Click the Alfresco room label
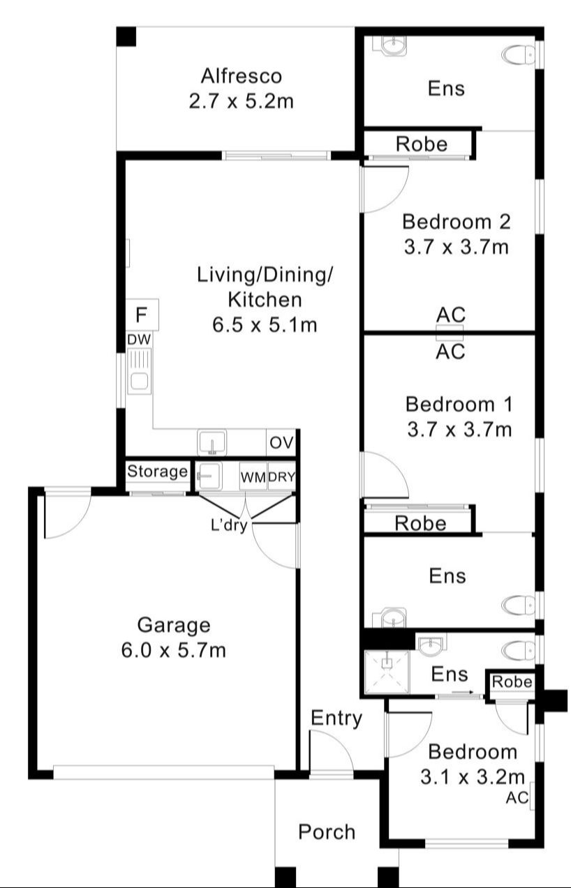click(x=241, y=75)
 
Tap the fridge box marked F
click(x=142, y=315)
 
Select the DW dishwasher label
click(x=138, y=339)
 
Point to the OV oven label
click(x=282, y=443)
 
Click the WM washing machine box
click(x=253, y=477)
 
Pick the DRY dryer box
click(x=281, y=477)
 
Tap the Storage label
click(x=157, y=472)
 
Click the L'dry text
click(x=229, y=525)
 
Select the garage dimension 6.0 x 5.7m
click(x=173, y=650)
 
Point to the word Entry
click(x=336, y=718)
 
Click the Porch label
click(x=327, y=831)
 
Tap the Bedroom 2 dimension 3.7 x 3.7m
click(x=457, y=246)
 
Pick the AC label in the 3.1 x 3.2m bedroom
click(x=516, y=797)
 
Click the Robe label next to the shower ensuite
click(x=512, y=682)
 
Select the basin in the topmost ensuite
click(x=391, y=45)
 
